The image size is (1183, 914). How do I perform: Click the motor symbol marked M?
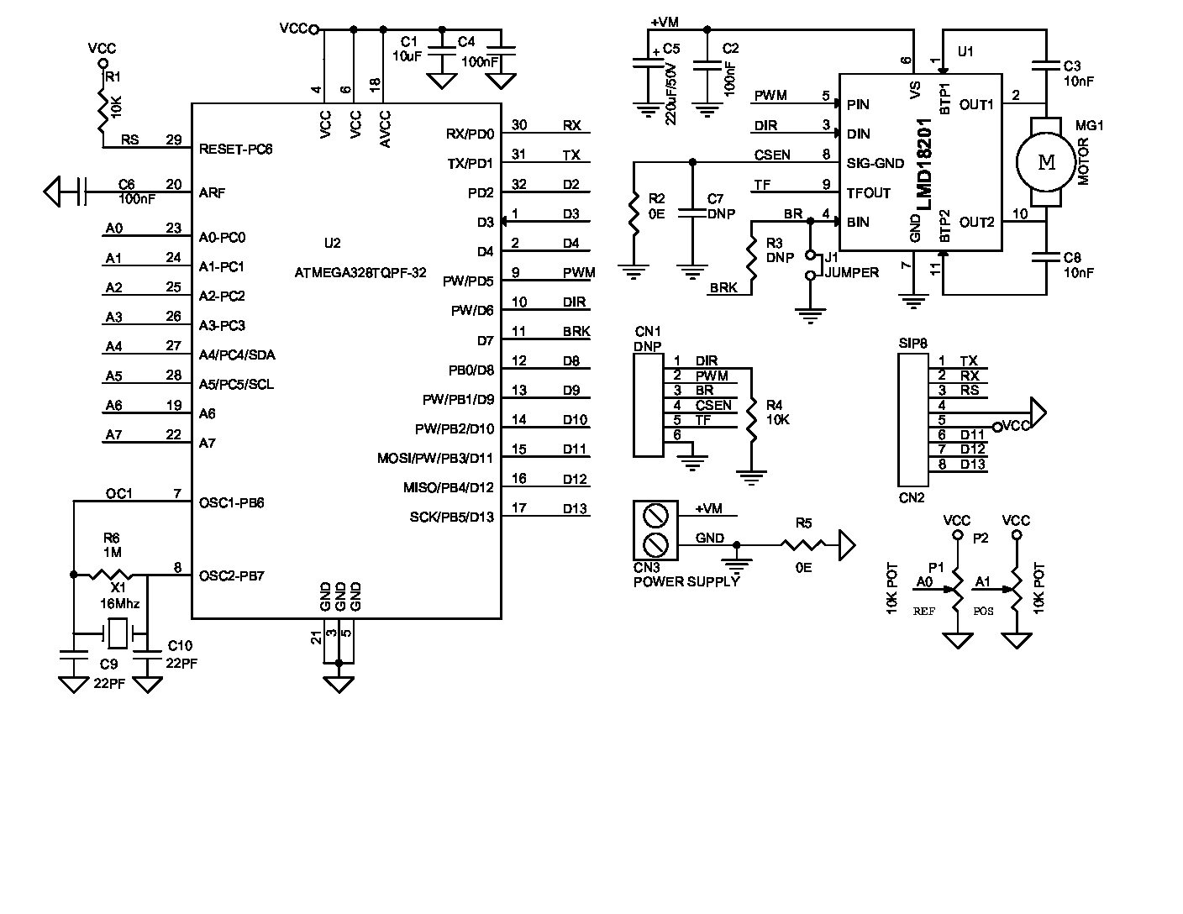[x=1046, y=163]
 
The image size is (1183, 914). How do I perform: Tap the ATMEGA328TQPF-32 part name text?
[x=360, y=273]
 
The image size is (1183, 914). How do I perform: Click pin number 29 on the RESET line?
[x=174, y=139]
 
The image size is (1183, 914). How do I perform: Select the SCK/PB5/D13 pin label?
[x=451, y=517]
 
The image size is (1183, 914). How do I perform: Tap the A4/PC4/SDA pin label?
[x=237, y=355]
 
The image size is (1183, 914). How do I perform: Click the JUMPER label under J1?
[x=852, y=272]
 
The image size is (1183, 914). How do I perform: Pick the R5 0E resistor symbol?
[x=803, y=546]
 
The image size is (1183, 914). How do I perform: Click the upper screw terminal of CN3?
[x=655, y=514]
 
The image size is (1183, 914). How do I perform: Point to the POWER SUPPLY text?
[x=686, y=581]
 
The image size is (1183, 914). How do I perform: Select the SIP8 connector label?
[x=912, y=343]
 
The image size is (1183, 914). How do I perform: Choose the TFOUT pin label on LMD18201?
[x=869, y=192]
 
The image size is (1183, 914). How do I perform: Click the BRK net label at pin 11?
[x=576, y=332]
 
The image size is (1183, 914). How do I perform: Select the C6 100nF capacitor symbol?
[x=81, y=192]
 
